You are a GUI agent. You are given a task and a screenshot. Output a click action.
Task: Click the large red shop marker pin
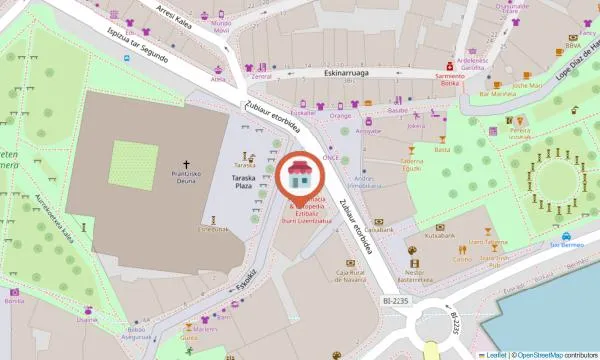pyautogui.click(x=297, y=178)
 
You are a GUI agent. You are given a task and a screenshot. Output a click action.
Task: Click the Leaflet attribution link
pyautogui.click(x=494, y=354)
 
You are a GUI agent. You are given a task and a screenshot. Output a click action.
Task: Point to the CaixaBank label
pyautogui.click(x=377, y=231)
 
